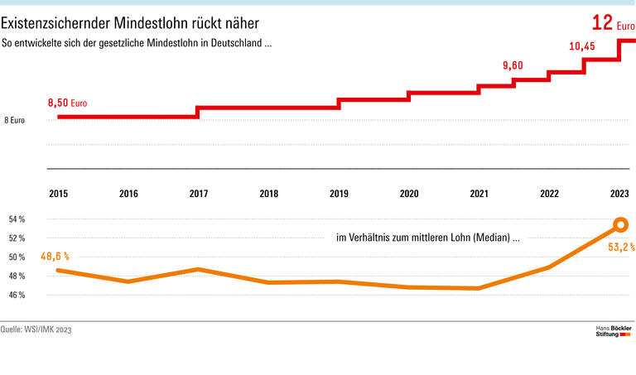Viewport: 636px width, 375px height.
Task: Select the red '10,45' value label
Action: tap(581, 46)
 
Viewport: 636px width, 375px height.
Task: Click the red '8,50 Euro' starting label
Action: tap(67, 103)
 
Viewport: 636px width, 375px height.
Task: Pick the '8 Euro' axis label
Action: tap(14, 120)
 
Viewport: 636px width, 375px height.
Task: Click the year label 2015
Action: tap(59, 194)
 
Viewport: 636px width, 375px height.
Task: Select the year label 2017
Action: tap(199, 194)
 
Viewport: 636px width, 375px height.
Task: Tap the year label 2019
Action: tap(339, 194)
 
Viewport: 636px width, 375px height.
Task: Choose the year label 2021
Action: tap(479, 194)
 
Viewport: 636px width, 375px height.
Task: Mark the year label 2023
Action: tap(619, 194)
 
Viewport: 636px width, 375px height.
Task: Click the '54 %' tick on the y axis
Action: tap(17, 219)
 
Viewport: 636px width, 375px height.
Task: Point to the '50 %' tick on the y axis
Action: tap(17, 257)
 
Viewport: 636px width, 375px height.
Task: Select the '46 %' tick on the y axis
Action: tap(17, 295)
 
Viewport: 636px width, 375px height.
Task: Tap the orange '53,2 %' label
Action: tap(619, 247)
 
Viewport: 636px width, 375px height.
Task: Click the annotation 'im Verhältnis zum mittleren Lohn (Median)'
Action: tap(427, 238)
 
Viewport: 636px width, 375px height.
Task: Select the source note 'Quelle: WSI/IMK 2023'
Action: tap(36, 329)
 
